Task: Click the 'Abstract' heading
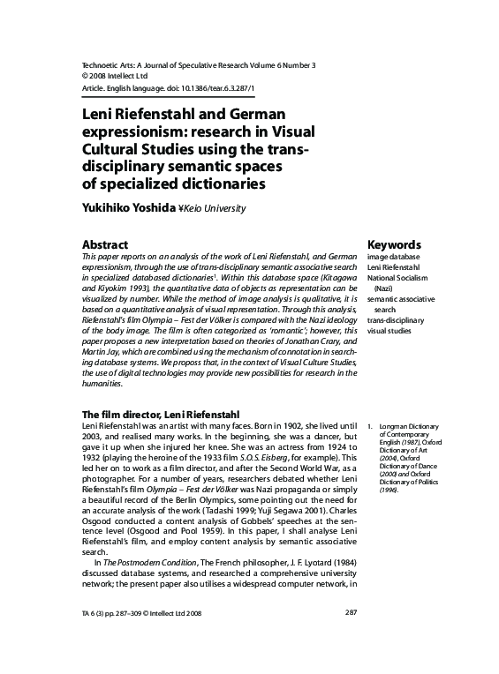pos(105,244)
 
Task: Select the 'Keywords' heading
pos(393,244)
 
